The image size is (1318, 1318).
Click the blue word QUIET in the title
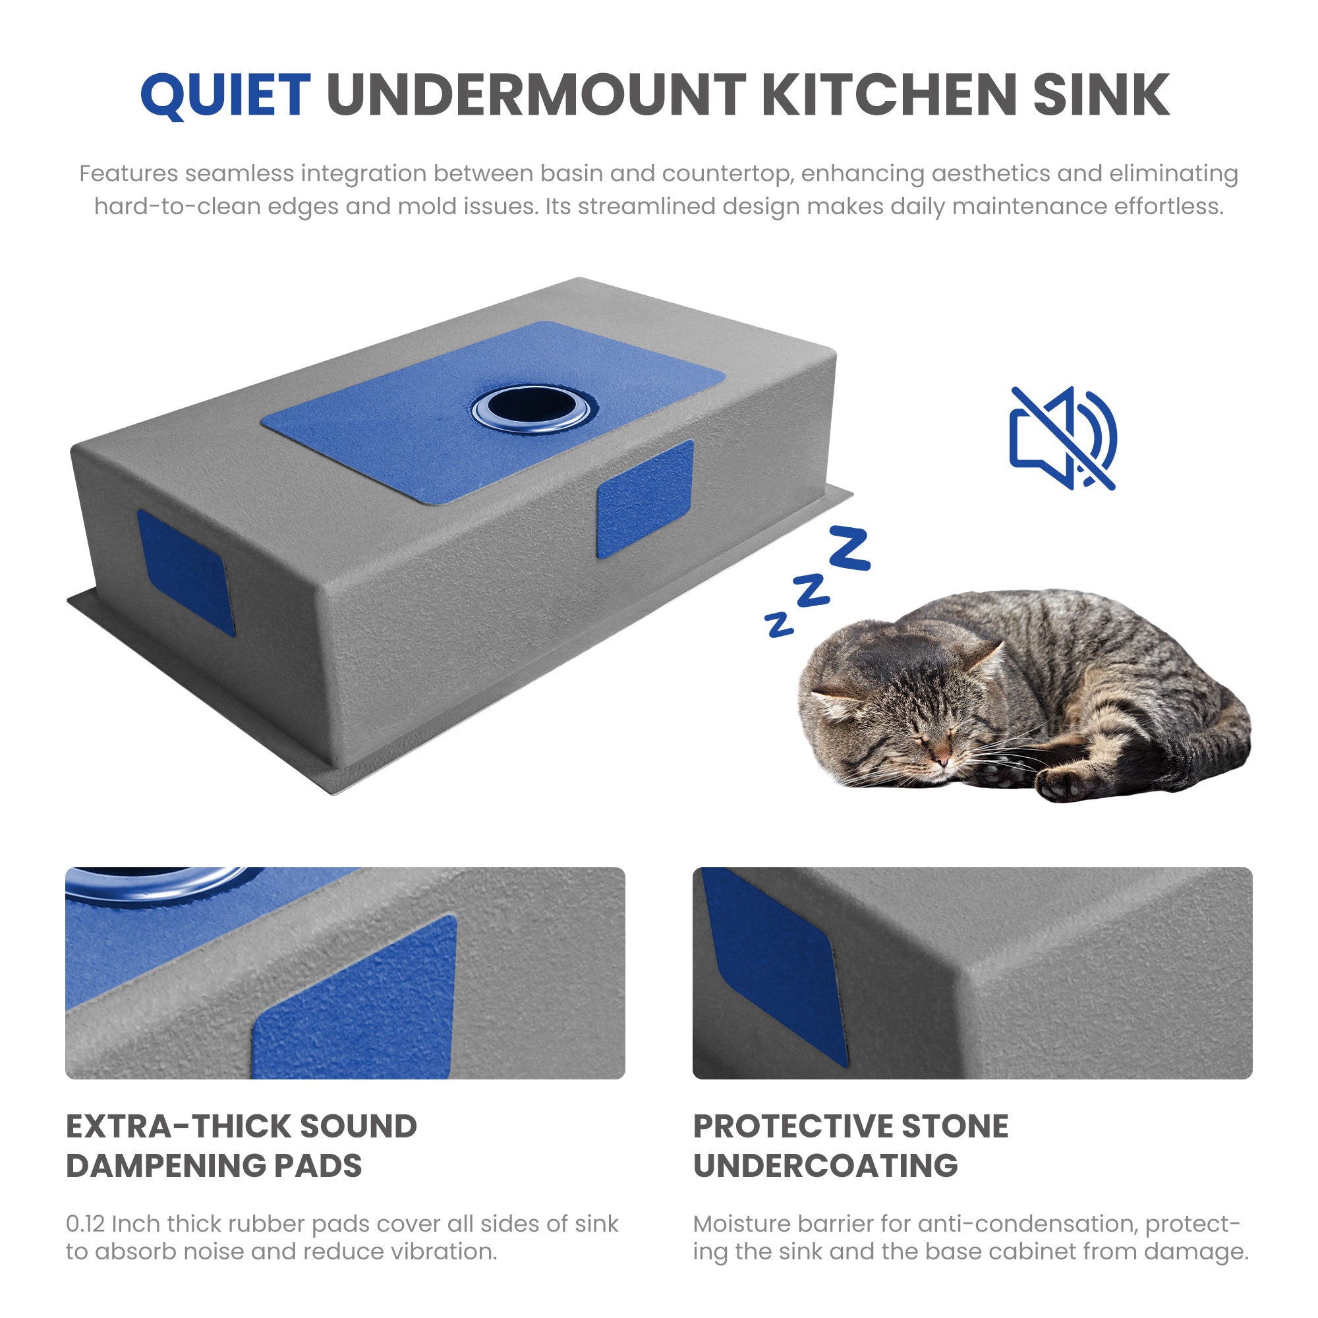pos(226,95)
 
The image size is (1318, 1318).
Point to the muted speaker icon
pos(1063,438)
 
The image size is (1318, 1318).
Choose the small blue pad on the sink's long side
pos(645,499)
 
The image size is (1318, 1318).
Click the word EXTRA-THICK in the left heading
pos(179,1126)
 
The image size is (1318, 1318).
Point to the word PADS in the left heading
pos(318,1166)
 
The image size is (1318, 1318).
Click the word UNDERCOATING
pos(826,1166)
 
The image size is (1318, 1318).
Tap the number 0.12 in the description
pos(85,1223)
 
